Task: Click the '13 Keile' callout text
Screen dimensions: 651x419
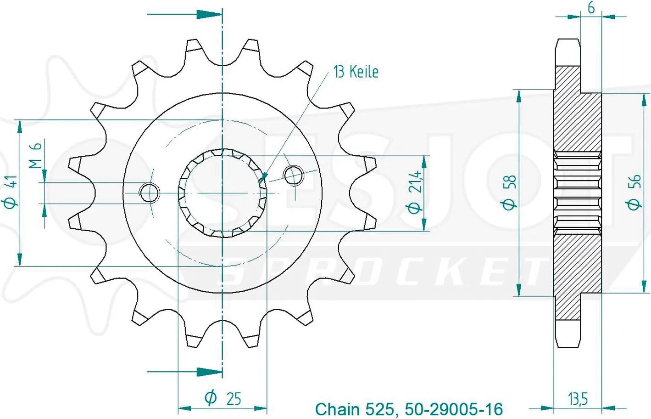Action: [x=356, y=72]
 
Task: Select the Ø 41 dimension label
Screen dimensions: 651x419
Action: [x=11, y=193]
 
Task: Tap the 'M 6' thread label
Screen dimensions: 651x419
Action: [x=36, y=155]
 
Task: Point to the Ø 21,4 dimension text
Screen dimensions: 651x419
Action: [x=415, y=193]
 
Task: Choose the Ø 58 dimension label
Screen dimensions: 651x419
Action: [x=509, y=193]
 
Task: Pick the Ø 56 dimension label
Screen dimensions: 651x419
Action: [x=634, y=193]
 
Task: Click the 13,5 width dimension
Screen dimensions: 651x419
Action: [x=578, y=399]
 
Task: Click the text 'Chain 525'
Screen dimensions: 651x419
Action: [x=355, y=409]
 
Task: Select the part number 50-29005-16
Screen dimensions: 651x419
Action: [x=454, y=409]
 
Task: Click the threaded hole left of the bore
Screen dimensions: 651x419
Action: [x=150, y=193]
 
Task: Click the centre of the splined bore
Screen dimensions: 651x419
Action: [x=223, y=193]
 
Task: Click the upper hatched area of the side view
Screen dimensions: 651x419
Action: [x=577, y=109]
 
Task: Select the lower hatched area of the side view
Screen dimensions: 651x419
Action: [x=577, y=277]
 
